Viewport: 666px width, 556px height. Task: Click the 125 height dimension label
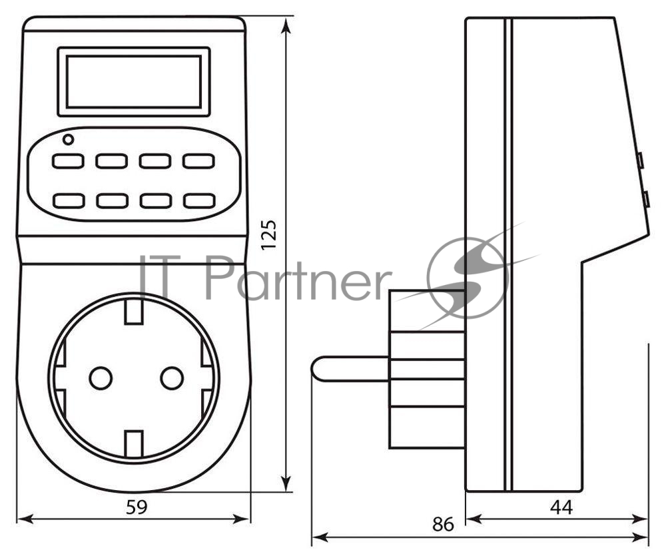click(269, 235)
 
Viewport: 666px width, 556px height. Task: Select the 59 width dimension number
click(137, 507)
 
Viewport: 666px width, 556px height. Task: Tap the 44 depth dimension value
click(561, 507)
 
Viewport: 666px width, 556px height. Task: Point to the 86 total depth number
click(443, 525)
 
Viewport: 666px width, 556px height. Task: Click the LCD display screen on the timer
click(134, 81)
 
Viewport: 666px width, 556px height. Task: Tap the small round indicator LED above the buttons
click(68, 139)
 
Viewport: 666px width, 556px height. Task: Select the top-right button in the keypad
click(198, 161)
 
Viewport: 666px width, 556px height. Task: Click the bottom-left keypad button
click(69, 200)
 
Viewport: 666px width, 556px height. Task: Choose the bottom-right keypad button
click(198, 200)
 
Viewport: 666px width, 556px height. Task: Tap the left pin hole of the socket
click(101, 378)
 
